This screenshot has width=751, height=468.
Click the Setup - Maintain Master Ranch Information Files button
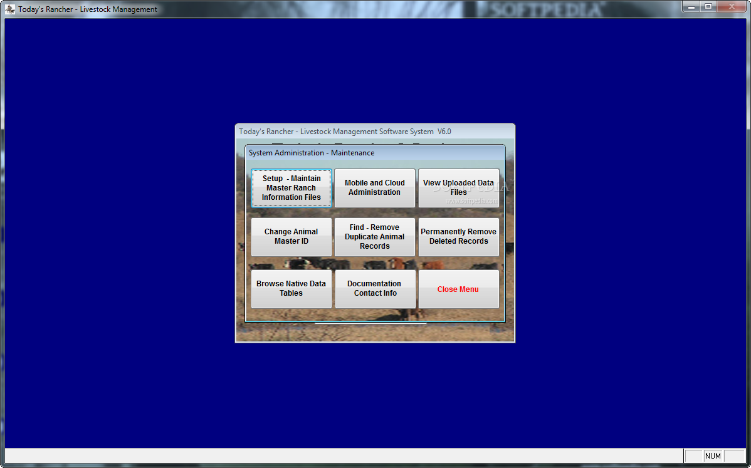click(291, 188)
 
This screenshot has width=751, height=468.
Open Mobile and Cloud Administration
click(374, 188)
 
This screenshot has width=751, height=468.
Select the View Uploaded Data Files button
click(459, 188)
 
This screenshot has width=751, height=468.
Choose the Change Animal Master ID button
click(291, 237)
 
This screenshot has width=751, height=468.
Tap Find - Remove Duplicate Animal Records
click(374, 237)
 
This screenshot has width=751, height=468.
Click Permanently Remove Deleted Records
click(459, 237)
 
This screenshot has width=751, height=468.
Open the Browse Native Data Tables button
click(291, 289)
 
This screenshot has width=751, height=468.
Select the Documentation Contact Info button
click(375, 289)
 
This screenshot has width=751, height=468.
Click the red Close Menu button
click(459, 289)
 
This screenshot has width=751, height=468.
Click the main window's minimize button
click(691, 7)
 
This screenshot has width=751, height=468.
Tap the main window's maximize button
click(708, 7)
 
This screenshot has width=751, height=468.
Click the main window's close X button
click(732, 7)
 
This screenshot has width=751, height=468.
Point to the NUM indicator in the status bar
click(713, 456)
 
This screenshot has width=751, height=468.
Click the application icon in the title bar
click(9, 9)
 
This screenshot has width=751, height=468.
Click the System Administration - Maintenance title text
click(312, 153)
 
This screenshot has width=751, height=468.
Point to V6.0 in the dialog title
click(444, 132)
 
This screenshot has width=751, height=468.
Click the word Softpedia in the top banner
click(546, 9)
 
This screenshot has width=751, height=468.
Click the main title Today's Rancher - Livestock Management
click(88, 9)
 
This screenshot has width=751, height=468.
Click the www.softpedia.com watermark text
click(472, 201)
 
